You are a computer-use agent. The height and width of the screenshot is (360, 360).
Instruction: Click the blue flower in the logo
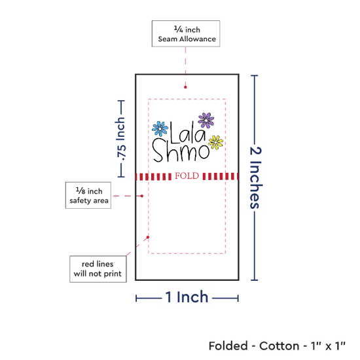160,128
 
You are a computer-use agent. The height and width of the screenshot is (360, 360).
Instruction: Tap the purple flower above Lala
206,120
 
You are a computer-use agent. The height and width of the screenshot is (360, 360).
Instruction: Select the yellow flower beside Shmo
215,142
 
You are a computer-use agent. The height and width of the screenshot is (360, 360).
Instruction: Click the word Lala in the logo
188,132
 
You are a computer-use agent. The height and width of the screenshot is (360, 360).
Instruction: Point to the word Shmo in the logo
181,150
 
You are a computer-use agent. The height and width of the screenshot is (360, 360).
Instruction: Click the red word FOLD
187,176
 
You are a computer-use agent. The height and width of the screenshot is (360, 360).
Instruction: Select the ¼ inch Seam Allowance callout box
186,34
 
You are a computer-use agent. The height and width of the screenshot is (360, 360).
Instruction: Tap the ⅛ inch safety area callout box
88,196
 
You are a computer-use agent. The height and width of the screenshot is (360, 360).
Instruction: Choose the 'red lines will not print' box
98,269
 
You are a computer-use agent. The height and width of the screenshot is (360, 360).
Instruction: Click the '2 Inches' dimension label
255,177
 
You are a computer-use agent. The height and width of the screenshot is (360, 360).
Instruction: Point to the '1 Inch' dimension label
187,297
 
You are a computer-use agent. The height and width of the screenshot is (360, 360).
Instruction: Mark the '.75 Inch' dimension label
120,139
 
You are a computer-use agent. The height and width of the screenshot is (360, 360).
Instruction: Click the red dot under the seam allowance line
185,87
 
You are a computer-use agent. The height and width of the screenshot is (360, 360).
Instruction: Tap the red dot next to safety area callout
142,196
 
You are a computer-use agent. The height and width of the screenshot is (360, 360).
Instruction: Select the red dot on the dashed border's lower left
148,237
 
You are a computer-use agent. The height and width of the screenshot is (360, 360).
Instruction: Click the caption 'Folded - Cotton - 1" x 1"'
277,346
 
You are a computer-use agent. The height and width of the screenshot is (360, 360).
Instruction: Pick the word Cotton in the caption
279,346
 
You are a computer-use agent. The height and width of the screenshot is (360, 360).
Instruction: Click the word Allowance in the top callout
198,39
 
